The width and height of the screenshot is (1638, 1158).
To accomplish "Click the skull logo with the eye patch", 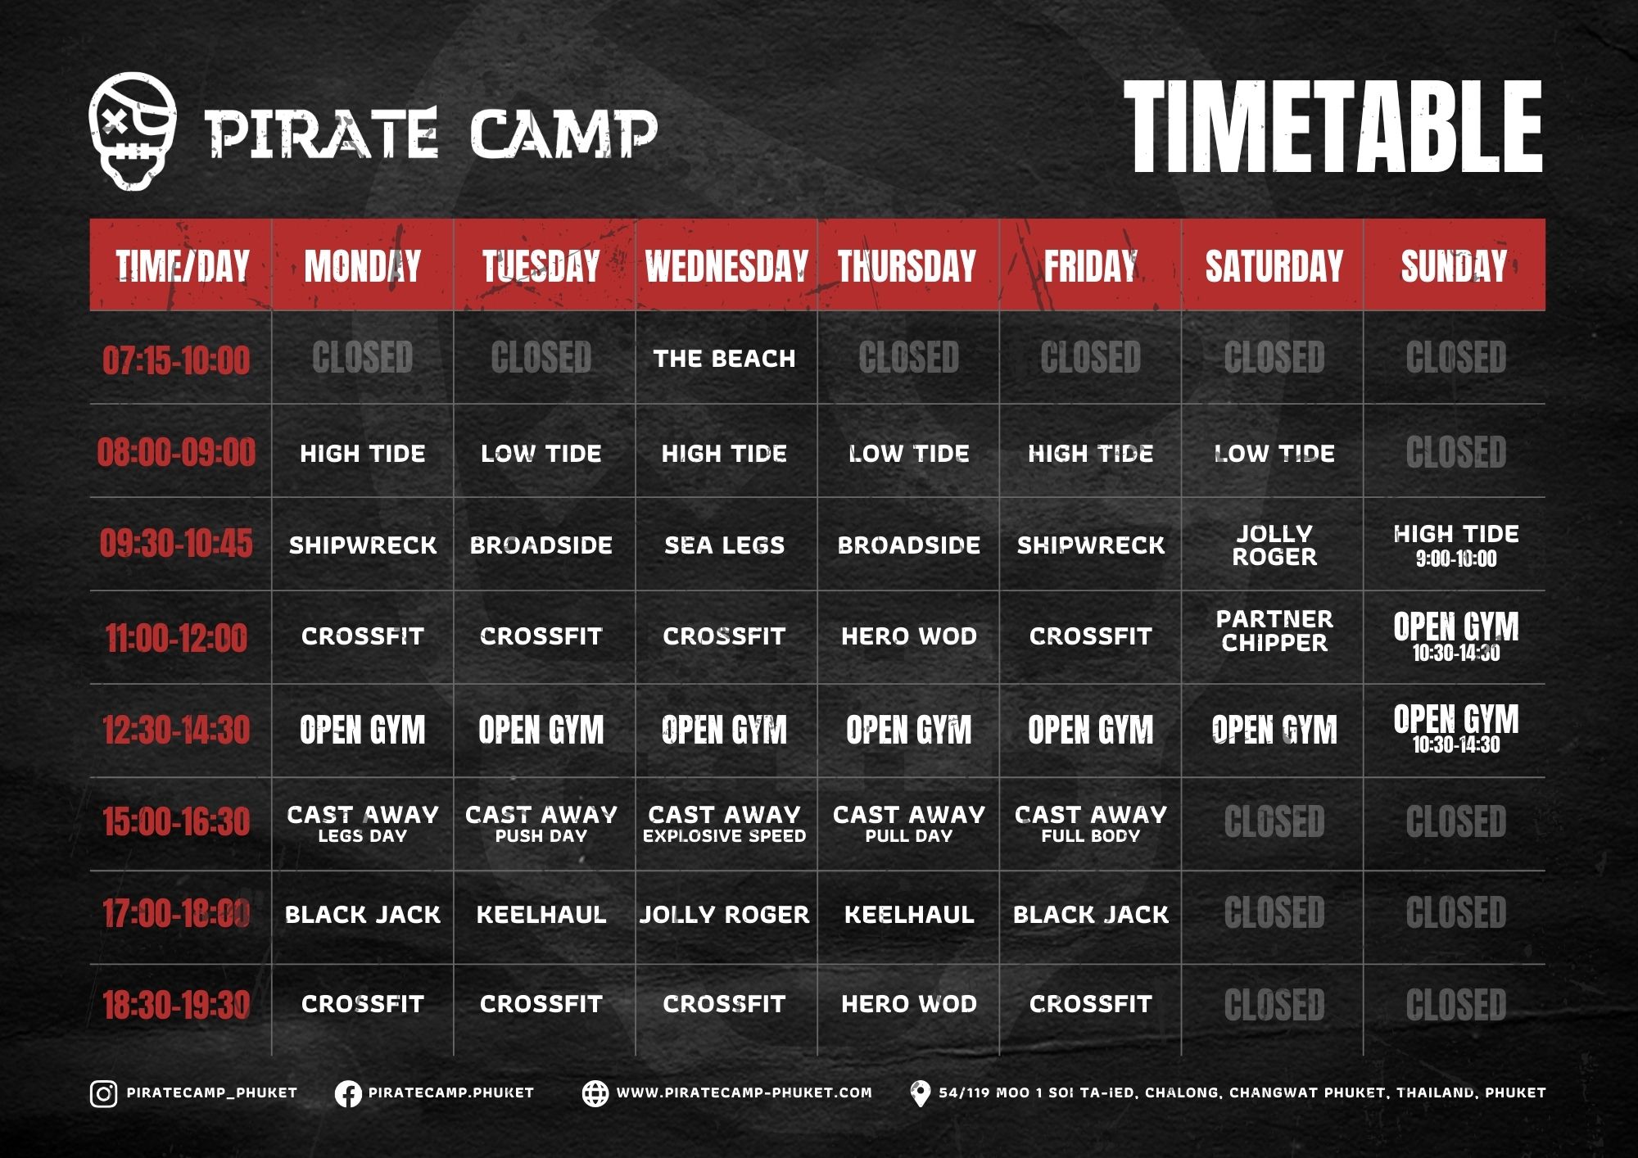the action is coord(133,131).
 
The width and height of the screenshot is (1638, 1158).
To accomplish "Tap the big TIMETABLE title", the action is coord(1333,128).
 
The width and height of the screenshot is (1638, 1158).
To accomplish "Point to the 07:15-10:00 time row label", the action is coord(176,360).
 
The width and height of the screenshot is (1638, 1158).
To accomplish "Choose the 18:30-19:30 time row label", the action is coord(176,1005).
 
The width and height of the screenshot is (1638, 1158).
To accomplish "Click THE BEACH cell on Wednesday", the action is coord(725,359).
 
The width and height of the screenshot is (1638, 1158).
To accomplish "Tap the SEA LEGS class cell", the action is coord(725,545).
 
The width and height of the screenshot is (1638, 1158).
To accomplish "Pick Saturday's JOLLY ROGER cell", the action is coord(1274,545).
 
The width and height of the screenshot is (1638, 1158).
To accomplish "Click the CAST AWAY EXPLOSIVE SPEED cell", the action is coord(725,824).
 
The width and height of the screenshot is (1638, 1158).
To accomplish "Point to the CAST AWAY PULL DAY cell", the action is coord(909,824).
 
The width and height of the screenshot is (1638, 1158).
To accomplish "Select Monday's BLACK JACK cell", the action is coord(363,914).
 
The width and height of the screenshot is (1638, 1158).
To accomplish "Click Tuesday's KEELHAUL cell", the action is coord(541,914).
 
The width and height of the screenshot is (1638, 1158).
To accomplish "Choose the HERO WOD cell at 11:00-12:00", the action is coord(909,636).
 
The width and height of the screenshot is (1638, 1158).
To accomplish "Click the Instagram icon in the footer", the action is coord(103,1094).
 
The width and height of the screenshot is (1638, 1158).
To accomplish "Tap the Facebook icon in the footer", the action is coord(348,1094).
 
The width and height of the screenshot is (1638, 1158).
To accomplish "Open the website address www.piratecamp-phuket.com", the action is coord(744,1092).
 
